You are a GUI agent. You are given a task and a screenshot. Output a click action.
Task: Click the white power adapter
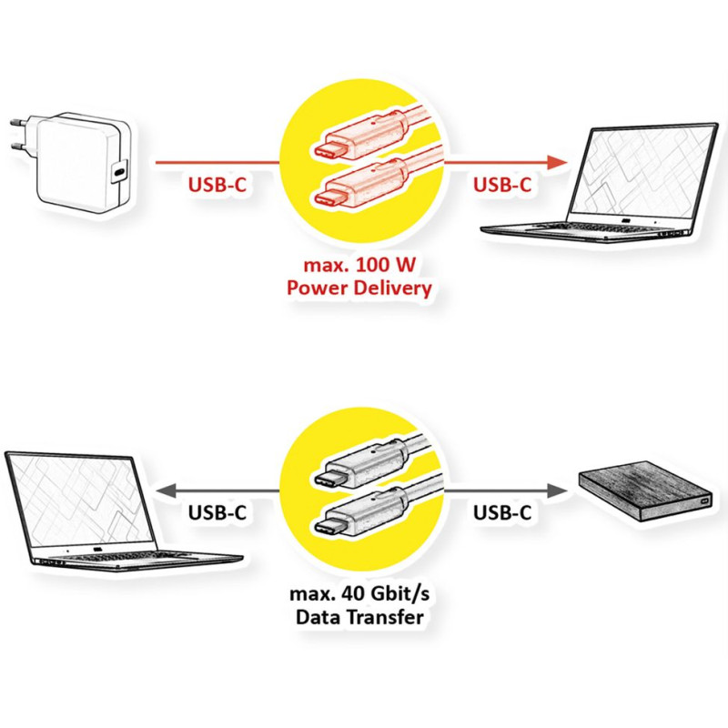[x=79, y=163]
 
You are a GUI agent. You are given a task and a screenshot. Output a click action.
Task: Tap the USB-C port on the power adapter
[x=120, y=171]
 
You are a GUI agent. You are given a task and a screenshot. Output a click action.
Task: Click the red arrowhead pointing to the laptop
[x=557, y=163]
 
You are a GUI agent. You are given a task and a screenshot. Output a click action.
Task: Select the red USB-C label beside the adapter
[x=217, y=185]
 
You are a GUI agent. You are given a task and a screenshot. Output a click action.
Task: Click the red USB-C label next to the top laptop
[x=502, y=185]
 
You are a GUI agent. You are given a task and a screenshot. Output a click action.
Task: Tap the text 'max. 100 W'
[x=359, y=265]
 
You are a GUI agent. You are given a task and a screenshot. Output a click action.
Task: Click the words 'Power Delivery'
[x=359, y=288]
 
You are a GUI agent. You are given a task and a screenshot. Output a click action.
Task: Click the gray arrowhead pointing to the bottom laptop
[x=166, y=490]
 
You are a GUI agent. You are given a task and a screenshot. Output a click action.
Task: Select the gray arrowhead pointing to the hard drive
[x=557, y=490]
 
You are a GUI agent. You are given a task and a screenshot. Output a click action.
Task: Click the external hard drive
[x=645, y=490]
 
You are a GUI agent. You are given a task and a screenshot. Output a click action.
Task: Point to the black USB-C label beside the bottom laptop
[x=217, y=512]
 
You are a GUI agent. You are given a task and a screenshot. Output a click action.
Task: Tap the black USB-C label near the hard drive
[x=502, y=512]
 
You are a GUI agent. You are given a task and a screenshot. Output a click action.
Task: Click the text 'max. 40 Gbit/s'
[x=359, y=594]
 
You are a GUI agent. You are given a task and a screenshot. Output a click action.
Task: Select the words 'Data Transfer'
[x=359, y=618]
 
